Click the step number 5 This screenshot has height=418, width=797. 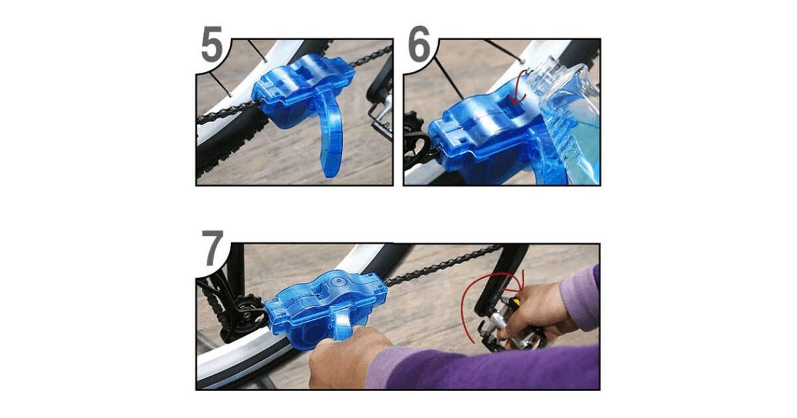click(212, 44)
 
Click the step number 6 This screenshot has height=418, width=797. click(419, 44)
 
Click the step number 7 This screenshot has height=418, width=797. click(213, 248)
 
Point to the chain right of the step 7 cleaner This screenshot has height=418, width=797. click(441, 265)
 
